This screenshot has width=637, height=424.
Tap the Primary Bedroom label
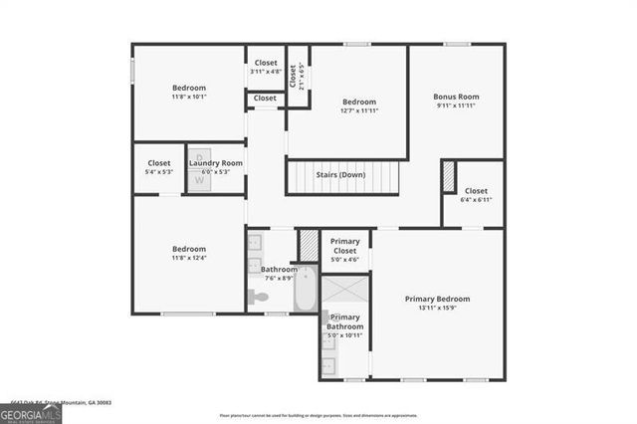437,299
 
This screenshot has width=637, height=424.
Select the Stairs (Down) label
341,175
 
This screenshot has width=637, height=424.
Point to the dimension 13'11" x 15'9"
437,310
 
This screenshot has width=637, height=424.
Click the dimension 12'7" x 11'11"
359,110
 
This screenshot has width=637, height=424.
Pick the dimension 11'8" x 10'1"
189,98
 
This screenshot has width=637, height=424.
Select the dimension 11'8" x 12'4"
189,259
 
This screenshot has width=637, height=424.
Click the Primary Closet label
345,246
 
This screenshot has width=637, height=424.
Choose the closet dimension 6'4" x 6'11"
476,200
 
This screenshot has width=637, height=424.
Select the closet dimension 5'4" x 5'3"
159,172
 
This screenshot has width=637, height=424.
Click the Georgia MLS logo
31,409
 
